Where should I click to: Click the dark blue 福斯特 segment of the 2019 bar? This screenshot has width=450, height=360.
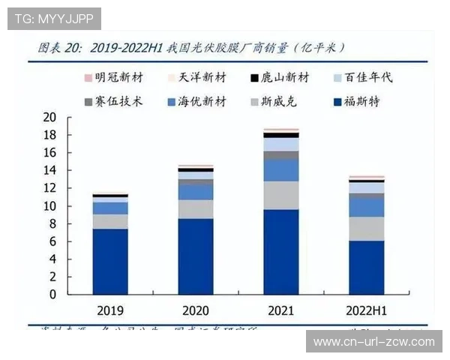tap(110, 261)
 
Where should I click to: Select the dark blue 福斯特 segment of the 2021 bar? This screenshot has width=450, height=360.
tap(280, 251)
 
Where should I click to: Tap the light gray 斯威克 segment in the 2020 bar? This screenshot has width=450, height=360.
tap(195, 208)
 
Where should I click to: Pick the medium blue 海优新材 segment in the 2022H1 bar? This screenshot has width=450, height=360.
tap(366, 207)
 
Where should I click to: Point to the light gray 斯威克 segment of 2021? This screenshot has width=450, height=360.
tap(280, 195)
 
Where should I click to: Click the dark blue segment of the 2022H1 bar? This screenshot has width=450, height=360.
tap(366, 267)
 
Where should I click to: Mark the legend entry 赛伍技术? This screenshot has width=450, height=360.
tap(112, 101)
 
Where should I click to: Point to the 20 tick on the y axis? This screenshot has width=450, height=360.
tap(49, 117)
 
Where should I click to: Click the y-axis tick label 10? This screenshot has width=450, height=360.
tap(49, 206)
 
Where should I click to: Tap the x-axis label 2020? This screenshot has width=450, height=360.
tap(195, 310)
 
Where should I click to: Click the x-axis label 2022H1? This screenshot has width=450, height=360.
tap(366, 310)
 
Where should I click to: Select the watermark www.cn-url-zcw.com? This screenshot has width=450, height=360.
tap(373, 342)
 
